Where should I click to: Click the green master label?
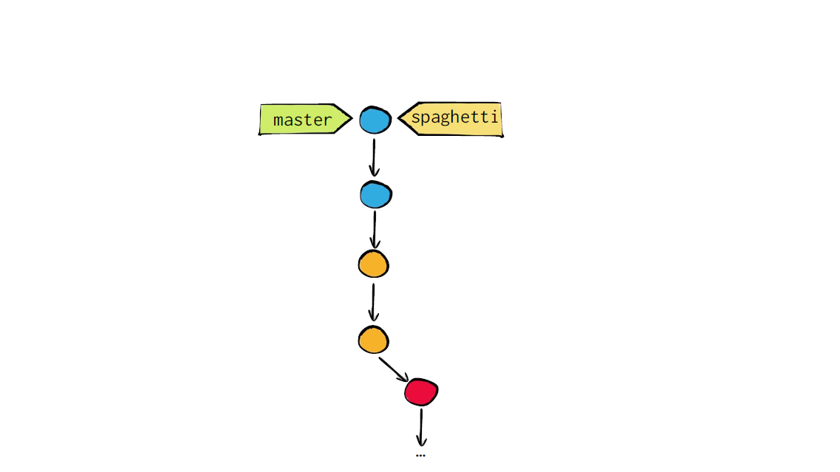pos(304,119)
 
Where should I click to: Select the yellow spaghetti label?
pos(451,119)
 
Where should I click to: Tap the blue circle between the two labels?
pos(375,120)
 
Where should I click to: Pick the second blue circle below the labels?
pos(375,194)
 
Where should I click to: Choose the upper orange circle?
pos(373,264)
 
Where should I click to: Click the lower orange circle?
pos(373,340)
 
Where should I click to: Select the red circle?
pos(421,391)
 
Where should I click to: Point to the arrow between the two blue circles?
pos(375,157)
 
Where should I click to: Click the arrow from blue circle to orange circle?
pos(375,229)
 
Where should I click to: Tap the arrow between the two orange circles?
pos(373,302)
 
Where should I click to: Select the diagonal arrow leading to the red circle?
pos(394,369)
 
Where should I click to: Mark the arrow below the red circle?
pos(422,428)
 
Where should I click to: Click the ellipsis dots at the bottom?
pos(420,456)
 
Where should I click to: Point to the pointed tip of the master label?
pos(352,118)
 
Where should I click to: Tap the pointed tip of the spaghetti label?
pos(398,119)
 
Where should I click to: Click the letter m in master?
pos(279,120)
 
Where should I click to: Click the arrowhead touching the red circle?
pos(404,377)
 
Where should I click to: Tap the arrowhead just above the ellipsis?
pos(422,442)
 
